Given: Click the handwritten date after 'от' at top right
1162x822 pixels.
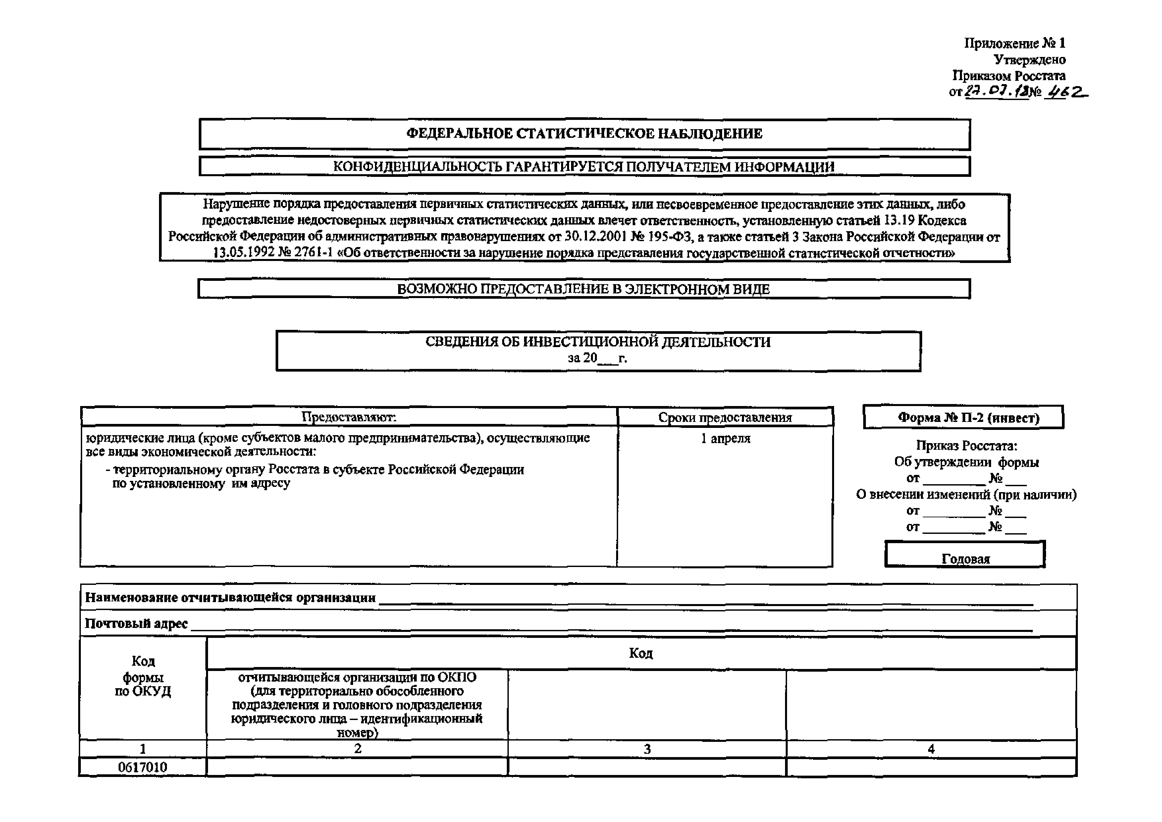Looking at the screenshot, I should coord(996,92).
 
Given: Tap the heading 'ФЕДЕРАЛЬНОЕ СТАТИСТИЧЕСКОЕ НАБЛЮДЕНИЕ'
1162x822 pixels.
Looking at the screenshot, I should coord(585,133).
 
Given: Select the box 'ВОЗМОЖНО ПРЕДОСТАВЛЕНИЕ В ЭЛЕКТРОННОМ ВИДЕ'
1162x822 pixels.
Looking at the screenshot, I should coord(584,289).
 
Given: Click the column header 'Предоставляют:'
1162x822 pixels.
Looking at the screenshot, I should coord(349,417).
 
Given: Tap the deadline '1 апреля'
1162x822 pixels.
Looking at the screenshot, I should coord(725,438).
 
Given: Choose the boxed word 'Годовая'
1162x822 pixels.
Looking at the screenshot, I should coord(966,559).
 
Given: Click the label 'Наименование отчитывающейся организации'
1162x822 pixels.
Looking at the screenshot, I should coord(230,598).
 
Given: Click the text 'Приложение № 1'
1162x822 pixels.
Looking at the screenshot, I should coord(1014,43).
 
